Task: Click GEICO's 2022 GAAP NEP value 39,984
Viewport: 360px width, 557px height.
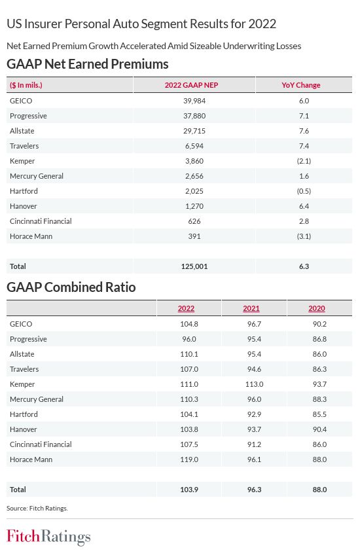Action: (x=194, y=101)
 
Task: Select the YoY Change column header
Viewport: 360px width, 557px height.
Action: (x=301, y=85)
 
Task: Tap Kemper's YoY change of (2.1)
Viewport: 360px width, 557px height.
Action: (x=304, y=161)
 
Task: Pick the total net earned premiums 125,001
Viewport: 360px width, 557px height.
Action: (x=194, y=266)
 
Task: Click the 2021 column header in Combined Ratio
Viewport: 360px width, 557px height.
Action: (x=251, y=308)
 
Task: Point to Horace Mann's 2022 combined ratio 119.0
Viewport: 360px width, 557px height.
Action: (x=189, y=459)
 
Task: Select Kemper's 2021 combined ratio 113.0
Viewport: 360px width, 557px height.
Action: (x=254, y=384)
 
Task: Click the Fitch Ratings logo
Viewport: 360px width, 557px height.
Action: (x=48, y=537)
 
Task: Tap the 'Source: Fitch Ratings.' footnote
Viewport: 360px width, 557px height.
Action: (x=37, y=509)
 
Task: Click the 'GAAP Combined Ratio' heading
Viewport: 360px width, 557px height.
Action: (x=71, y=287)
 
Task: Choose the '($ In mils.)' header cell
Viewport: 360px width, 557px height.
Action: (x=26, y=85)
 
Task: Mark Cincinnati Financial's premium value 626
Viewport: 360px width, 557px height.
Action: (x=194, y=221)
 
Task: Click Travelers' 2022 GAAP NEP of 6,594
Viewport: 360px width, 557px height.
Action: (x=194, y=146)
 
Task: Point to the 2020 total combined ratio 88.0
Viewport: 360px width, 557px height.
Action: (x=319, y=490)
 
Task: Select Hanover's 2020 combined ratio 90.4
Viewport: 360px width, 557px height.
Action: (x=319, y=429)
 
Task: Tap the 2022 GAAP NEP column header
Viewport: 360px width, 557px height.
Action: (x=191, y=85)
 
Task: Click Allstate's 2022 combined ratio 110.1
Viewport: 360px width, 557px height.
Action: (x=189, y=354)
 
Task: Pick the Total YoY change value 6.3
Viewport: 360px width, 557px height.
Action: (x=304, y=266)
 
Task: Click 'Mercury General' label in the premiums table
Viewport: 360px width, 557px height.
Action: (x=37, y=176)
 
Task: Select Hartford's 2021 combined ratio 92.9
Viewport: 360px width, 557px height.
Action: (x=254, y=414)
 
